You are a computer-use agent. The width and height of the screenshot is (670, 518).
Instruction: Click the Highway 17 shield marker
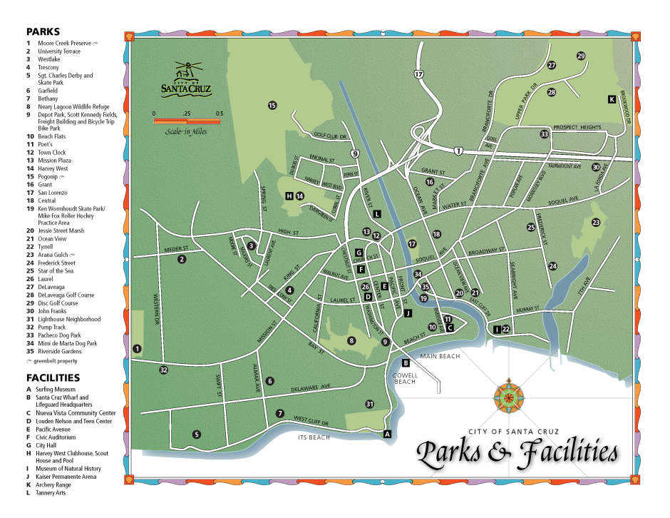418,74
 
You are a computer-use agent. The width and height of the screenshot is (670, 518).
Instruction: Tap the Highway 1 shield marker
458,151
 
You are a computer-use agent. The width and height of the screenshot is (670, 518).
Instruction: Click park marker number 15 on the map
272,106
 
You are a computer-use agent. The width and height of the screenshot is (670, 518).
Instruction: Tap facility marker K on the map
612,99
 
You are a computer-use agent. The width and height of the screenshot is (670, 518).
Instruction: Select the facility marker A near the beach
387,433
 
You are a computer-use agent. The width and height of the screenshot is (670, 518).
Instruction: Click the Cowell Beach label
405,377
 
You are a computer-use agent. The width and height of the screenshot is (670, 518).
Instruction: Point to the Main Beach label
440,356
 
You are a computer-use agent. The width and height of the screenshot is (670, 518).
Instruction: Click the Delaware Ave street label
311,387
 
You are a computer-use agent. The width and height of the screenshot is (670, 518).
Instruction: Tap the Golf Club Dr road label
329,135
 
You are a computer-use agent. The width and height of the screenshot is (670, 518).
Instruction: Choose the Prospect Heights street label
577,127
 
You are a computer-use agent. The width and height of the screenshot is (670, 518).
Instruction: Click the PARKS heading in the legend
43,31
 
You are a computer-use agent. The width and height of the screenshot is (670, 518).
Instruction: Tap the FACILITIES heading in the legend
53,377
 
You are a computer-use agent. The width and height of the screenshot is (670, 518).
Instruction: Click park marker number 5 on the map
197,434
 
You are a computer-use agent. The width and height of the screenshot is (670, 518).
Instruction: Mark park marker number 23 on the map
596,223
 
